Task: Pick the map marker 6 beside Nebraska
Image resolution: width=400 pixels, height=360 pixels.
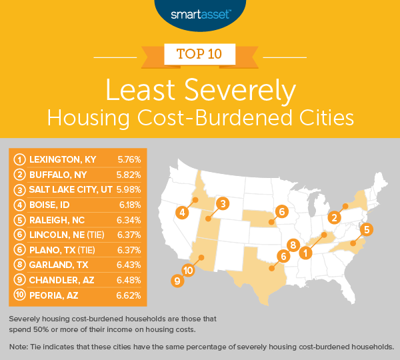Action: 283,211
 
